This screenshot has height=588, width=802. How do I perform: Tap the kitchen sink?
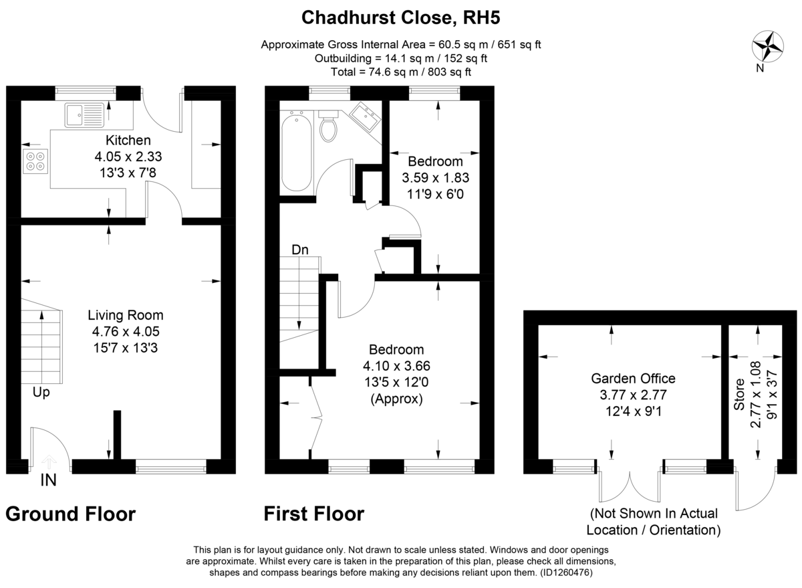pyautogui.click(x=85, y=114)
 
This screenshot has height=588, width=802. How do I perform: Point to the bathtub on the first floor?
pyautogui.click(x=296, y=153)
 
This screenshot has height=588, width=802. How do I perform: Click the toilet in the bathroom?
pyautogui.click(x=329, y=127)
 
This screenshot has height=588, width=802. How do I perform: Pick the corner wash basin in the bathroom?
pyautogui.click(x=364, y=116)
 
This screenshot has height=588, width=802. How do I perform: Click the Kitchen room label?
pyautogui.click(x=128, y=140)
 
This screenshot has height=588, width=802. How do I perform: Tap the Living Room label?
pyautogui.click(x=126, y=315)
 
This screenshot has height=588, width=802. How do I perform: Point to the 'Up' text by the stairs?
pyautogui.click(x=41, y=393)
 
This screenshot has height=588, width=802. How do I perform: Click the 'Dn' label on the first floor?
pyautogui.click(x=299, y=250)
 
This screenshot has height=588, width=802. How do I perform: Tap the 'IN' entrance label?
pyautogui.click(x=48, y=480)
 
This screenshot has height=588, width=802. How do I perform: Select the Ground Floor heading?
pyautogui.click(x=71, y=514)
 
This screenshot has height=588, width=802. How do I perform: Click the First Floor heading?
pyautogui.click(x=314, y=514)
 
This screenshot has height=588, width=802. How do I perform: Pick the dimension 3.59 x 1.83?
pyautogui.click(x=435, y=178)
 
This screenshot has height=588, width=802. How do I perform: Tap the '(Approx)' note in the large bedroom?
pyautogui.click(x=397, y=399)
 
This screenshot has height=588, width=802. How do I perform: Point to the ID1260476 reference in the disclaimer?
pyautogui.click(x=565, y=573)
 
